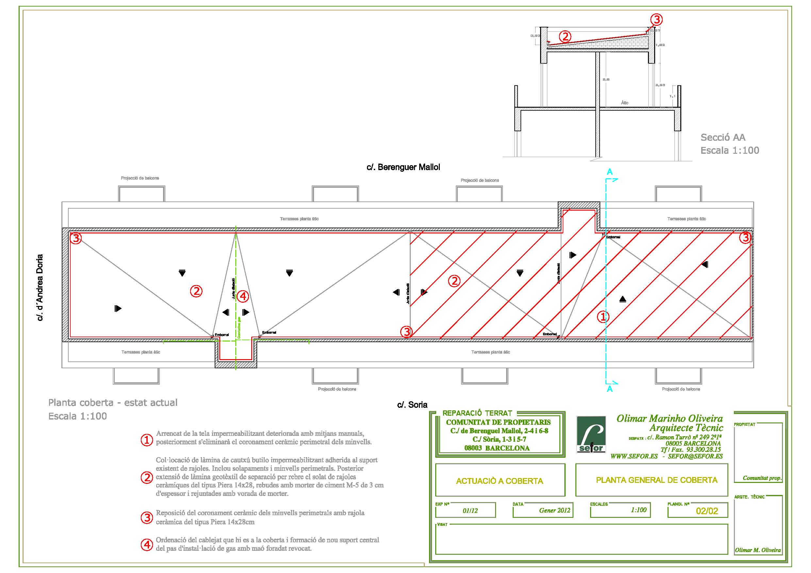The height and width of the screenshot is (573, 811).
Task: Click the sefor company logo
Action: (x=591, y=435)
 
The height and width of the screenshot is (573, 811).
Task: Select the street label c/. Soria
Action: (x=412, y=405)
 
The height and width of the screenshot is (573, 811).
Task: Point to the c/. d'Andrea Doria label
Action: (x=40, y=287)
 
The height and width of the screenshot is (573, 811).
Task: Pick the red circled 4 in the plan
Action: (x=243, y=296)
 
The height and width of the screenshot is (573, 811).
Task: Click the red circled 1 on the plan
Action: (x=603, y=316)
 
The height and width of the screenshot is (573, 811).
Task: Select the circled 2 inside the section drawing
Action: (x=565, y=36)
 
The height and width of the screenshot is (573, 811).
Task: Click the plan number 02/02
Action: (x=707, y=511)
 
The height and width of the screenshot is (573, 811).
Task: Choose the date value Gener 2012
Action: (x=554, y=510)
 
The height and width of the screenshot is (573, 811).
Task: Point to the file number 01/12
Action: (x=470, y=511)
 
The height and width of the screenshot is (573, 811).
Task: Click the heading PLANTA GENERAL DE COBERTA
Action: (x=657, y=480)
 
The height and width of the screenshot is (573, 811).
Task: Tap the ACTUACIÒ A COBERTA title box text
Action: (x=500, y=481)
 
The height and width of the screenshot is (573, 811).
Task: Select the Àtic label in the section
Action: (x=624, y=103)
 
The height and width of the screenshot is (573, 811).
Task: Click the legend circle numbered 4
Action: (x=147, y=544)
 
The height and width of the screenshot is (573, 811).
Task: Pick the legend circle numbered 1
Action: (x=147, y=440)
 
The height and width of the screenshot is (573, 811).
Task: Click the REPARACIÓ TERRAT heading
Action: (x=477, y=413)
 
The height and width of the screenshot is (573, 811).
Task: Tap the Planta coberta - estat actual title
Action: (x=113, y=403)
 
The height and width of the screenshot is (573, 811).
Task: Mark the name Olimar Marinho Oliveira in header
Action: (x=670, y=419)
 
